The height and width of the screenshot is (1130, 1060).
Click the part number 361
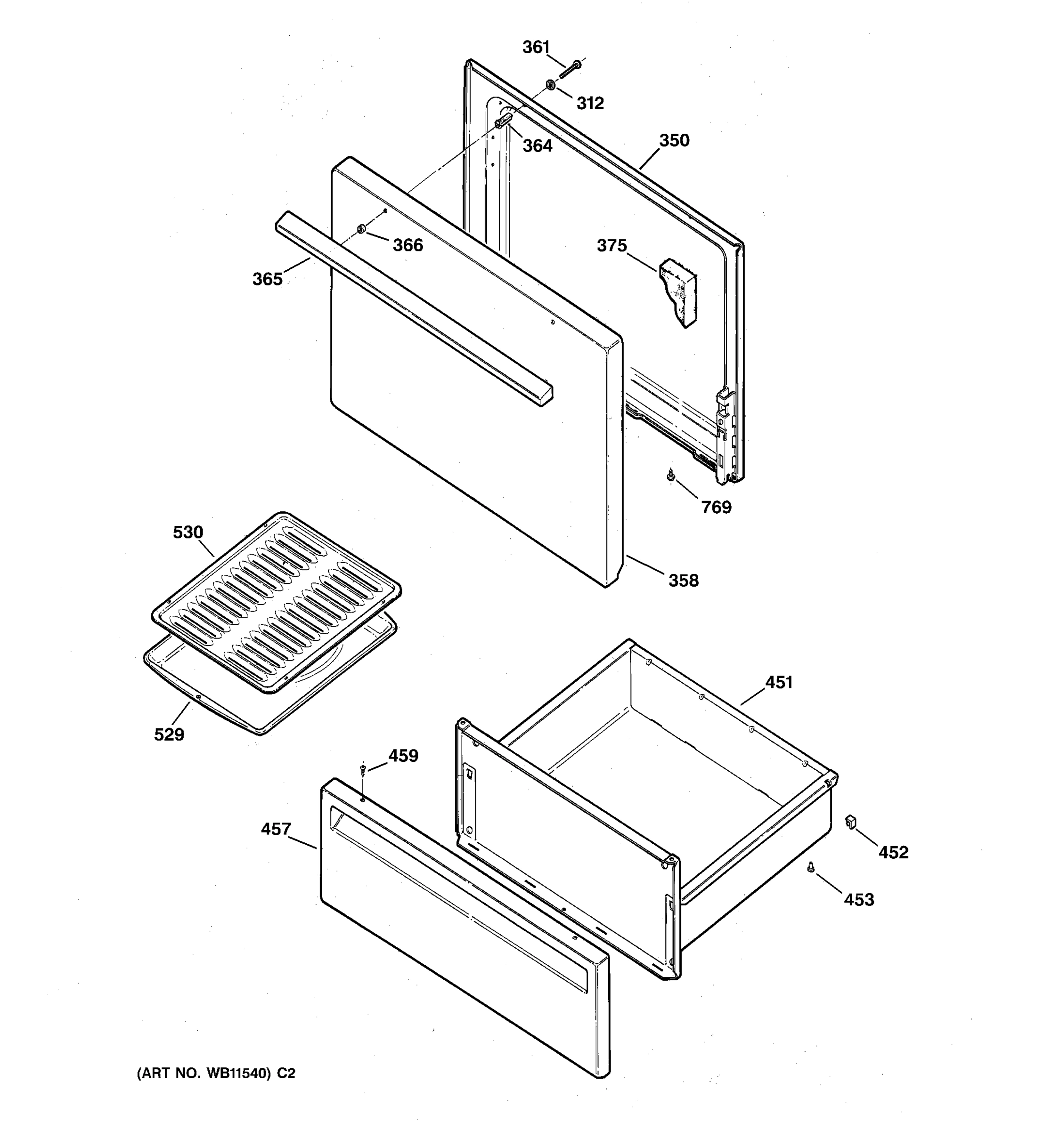536,47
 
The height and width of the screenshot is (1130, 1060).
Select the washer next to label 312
550,85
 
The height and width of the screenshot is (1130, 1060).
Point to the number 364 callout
538,146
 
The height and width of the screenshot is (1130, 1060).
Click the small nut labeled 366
360,229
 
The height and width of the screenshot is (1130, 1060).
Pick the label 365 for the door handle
267,279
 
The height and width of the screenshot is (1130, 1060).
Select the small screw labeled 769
671,475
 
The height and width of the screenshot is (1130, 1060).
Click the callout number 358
683,581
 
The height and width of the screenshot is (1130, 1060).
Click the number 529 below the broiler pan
169,735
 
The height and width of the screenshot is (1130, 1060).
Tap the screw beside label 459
363,771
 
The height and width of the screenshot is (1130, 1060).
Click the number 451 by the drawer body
778,682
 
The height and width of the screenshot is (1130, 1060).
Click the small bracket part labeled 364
503,121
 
